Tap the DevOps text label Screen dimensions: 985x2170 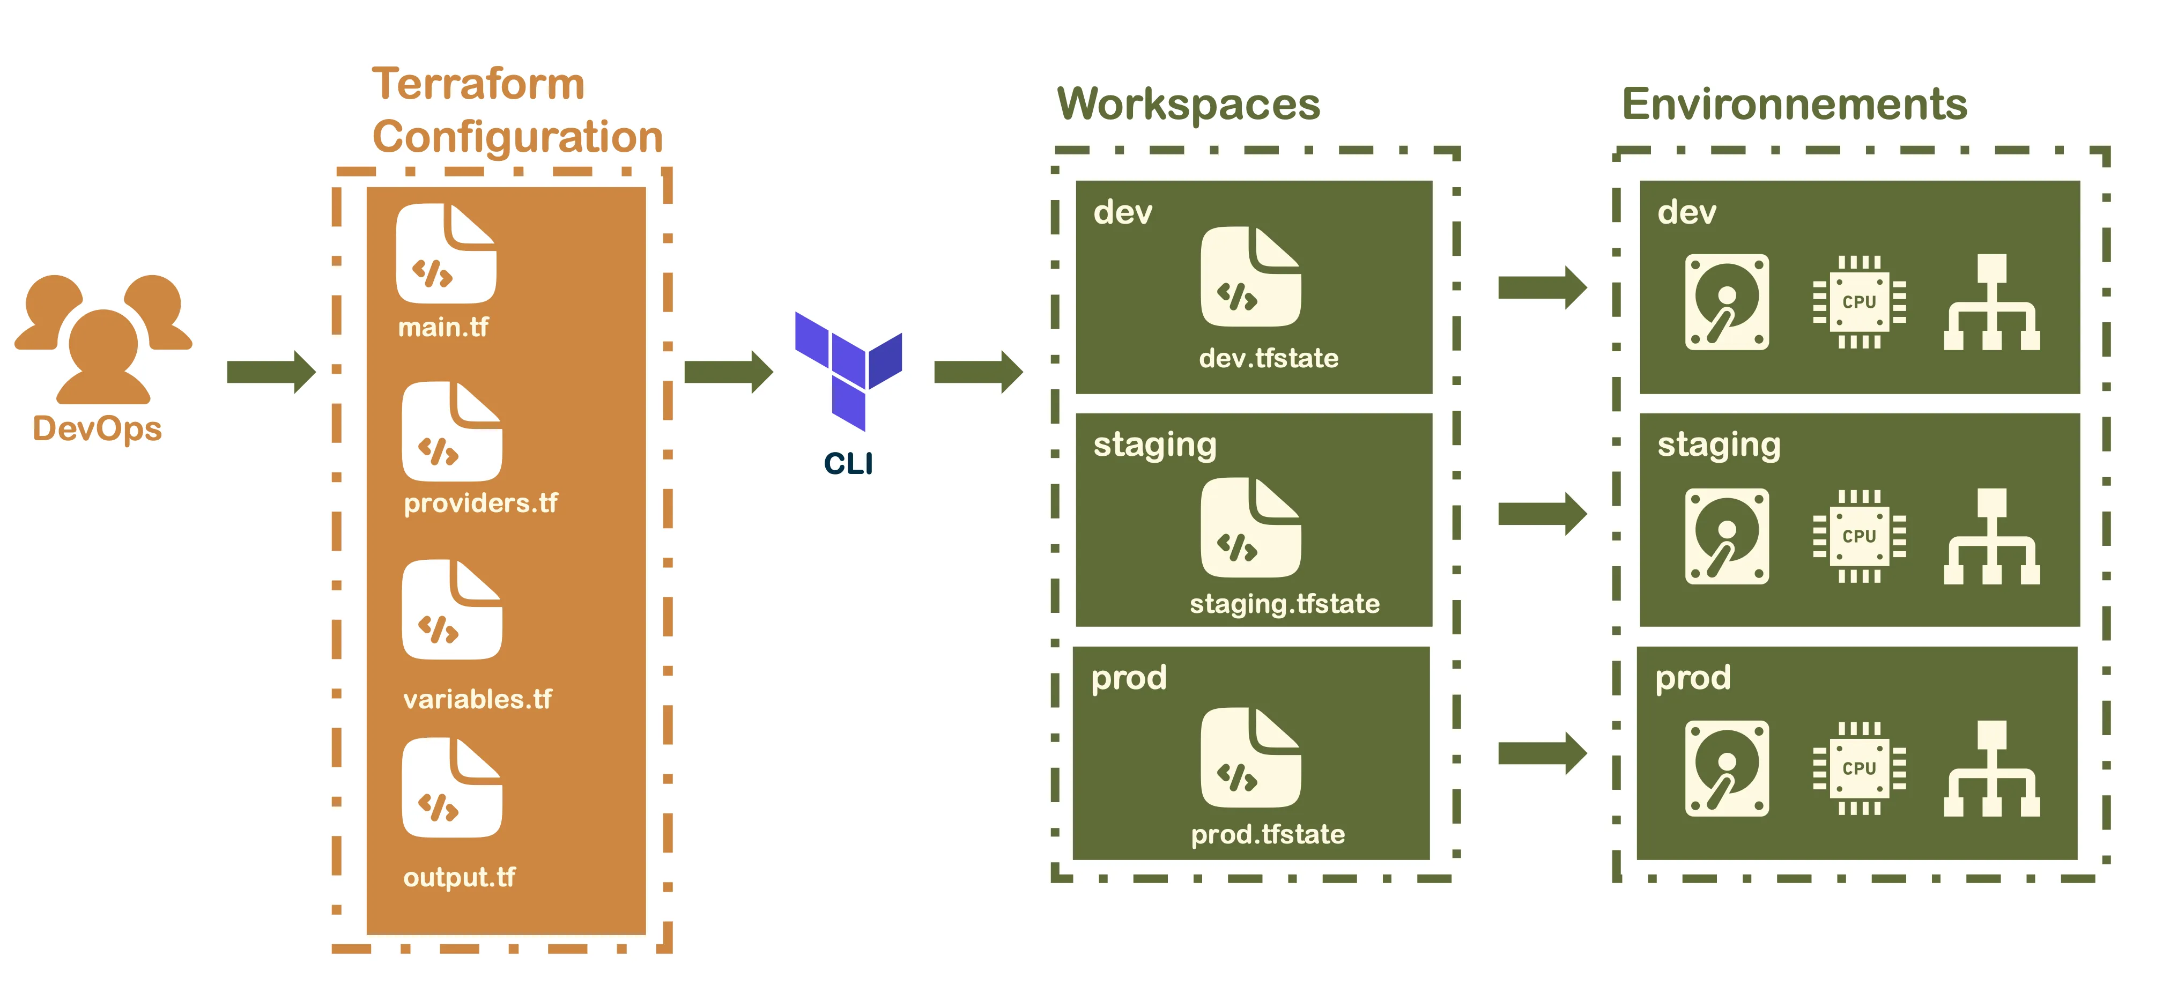pos(98,429)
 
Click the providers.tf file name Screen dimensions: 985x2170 pos(480,503)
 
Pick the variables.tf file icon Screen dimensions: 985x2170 pos(451,610)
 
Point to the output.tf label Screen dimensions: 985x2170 pos(459,877)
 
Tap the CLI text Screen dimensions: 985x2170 pos(848,463)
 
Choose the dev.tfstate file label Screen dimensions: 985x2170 pos(1269,358)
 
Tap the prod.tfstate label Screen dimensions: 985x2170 pos(1268,834)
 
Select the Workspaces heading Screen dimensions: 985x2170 pos(1189,105)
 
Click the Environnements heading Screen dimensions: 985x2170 pos(1794,105)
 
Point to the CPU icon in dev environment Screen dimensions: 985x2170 pos(1859,302)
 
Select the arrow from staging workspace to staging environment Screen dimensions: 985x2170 pos(1542,514)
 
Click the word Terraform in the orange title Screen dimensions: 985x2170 pos(478,84)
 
